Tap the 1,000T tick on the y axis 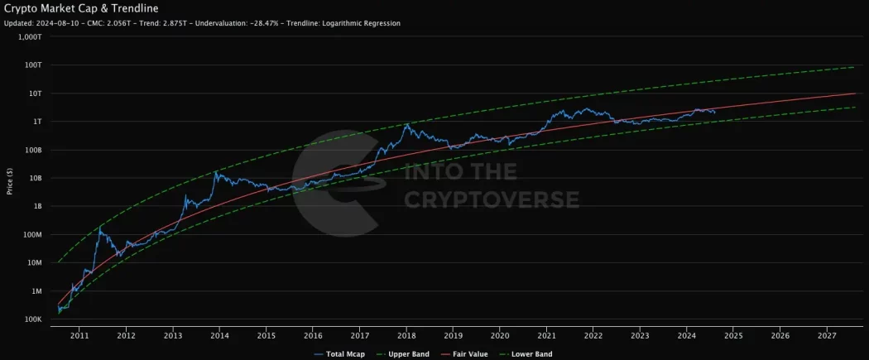30,37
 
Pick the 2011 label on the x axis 79,336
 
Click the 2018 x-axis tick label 406,336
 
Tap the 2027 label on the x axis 826,336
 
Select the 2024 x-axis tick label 686,336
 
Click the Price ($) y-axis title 9,178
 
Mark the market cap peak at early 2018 407,124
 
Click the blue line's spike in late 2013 216,172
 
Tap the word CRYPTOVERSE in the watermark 491,199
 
